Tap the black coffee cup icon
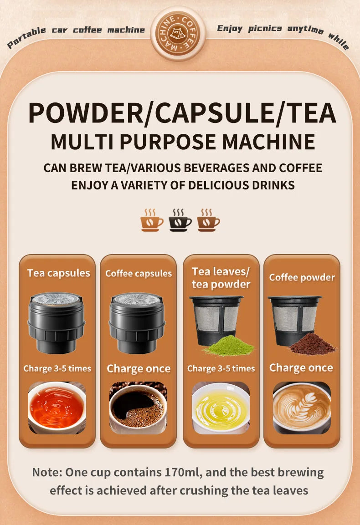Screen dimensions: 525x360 click(x=180, y=221)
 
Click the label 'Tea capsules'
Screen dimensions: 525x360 click(x=58, y=273)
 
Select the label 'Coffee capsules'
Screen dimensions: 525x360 click(x=139, y=273)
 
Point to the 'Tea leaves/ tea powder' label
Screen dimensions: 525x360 click(x=221, y=278)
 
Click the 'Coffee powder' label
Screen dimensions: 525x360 click(x=302, y=277)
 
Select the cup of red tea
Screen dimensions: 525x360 click(x=57, y=407)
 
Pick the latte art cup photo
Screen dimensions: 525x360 click(x=302, y=407)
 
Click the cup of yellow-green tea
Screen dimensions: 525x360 click(x=221, y=407)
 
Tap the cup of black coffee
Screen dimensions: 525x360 click(x=138, y=407)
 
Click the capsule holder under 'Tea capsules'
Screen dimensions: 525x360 click(x=57, y=322)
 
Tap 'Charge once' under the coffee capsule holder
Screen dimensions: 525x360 click(x=139, y=368)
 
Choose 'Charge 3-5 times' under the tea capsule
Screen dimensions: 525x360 click(x=57, y=368)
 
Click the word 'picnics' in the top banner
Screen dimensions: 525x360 click(x=265, y=29)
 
